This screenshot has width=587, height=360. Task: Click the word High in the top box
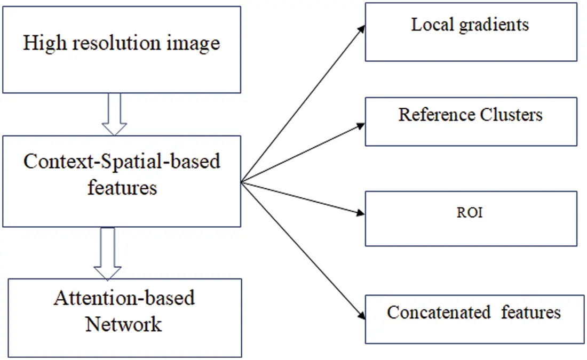[x=41, y=43]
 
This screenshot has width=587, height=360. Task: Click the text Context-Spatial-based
[x=122, y=162]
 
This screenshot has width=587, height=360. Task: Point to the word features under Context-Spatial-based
[x=122, y=187]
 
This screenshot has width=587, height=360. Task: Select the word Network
[x=124, y=324]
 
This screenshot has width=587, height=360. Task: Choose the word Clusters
[x=511, y=115]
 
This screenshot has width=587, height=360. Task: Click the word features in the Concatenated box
[x=531, y=312]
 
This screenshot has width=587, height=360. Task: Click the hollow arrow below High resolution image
[x=114, y=115]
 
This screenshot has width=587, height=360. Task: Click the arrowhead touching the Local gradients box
[x=361, y=27]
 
